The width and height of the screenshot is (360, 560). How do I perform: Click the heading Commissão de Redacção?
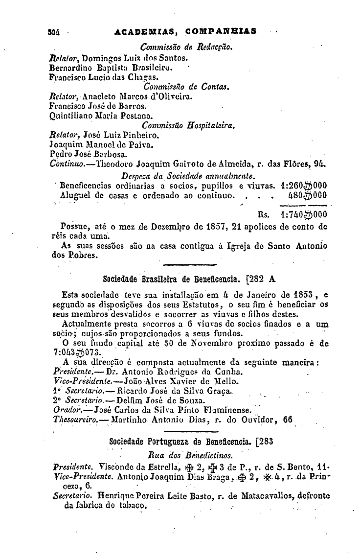coord(185,47)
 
